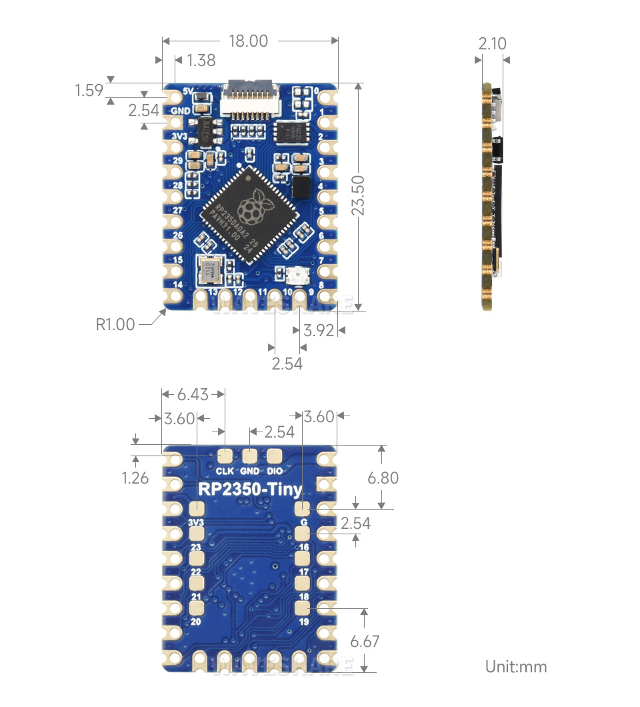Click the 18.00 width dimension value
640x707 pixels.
coord(248,41)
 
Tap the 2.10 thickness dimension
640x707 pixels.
coord(492,44)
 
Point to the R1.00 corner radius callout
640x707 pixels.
coord(115,325)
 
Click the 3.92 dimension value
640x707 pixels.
coord(318,329)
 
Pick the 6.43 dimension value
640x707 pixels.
coord(193,395)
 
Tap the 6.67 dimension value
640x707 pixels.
coord(364,642)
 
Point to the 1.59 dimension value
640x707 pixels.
coord(89,90)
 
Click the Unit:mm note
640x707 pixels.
coord(516,666)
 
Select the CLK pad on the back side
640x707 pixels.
coord(225,457)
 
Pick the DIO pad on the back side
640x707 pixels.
coord(275,457)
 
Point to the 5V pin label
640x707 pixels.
coord(187,91)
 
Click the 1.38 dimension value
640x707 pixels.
coord(201,61)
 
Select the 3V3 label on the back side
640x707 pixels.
coord(196,522)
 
